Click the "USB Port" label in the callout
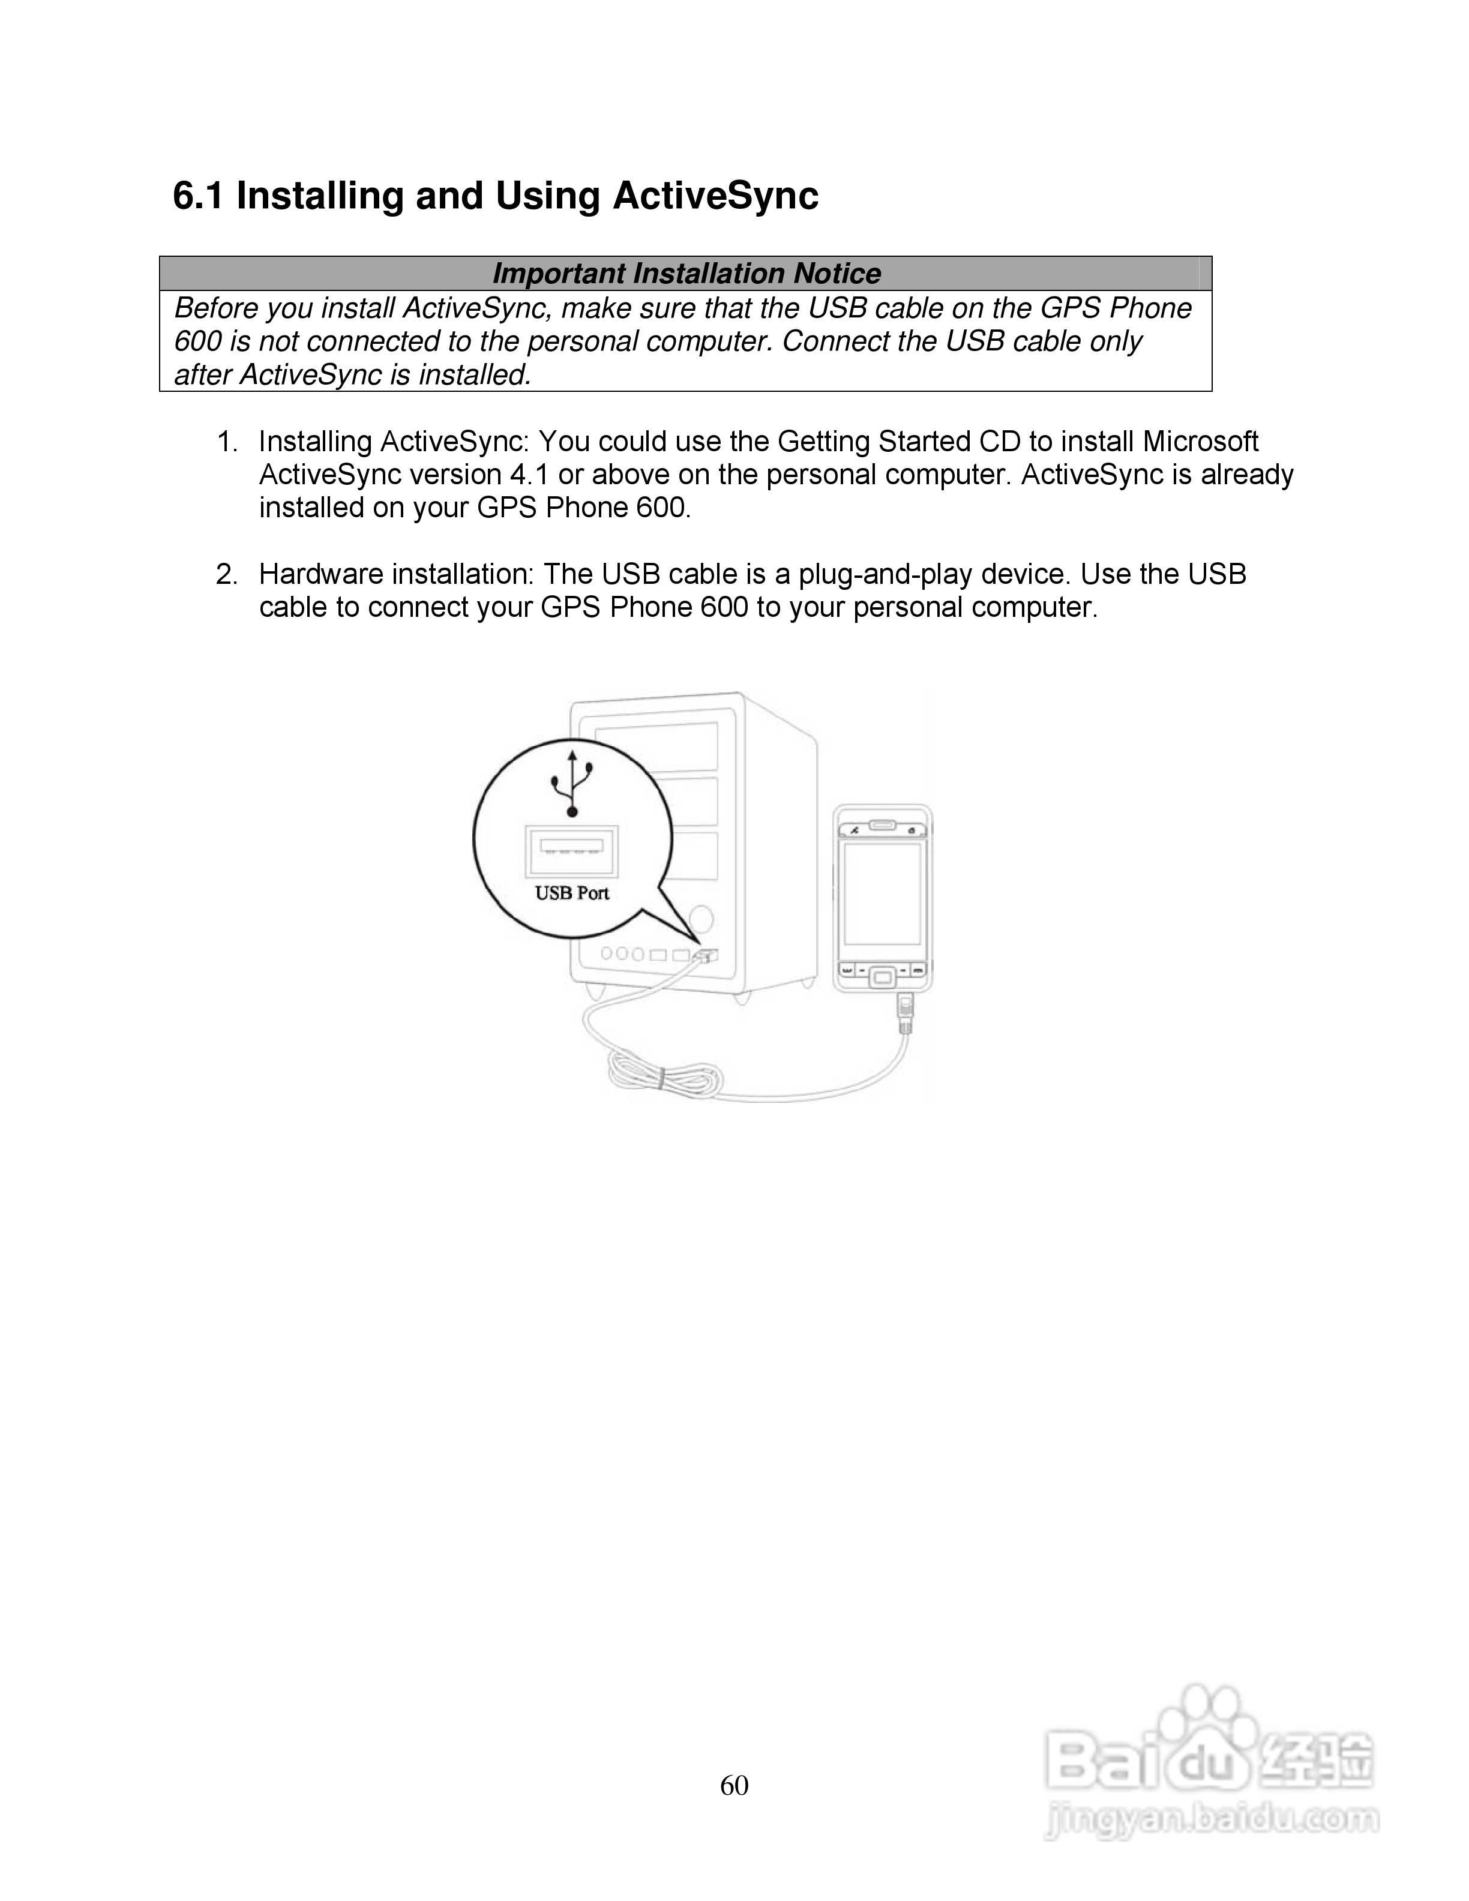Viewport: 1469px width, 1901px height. coord(572,893)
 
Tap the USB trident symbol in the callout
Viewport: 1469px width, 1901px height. coord(572,782)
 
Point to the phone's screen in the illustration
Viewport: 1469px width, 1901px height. coord(883,894)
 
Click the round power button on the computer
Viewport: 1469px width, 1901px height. coord(700,918)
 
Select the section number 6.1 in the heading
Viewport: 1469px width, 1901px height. coord(199,196)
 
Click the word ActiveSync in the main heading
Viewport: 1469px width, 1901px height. coord(715,196)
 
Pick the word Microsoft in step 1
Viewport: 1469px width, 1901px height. coord(1200,442)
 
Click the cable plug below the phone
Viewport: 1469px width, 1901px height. coord(905,1012)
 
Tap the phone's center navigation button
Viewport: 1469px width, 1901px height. coord(883,976)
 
